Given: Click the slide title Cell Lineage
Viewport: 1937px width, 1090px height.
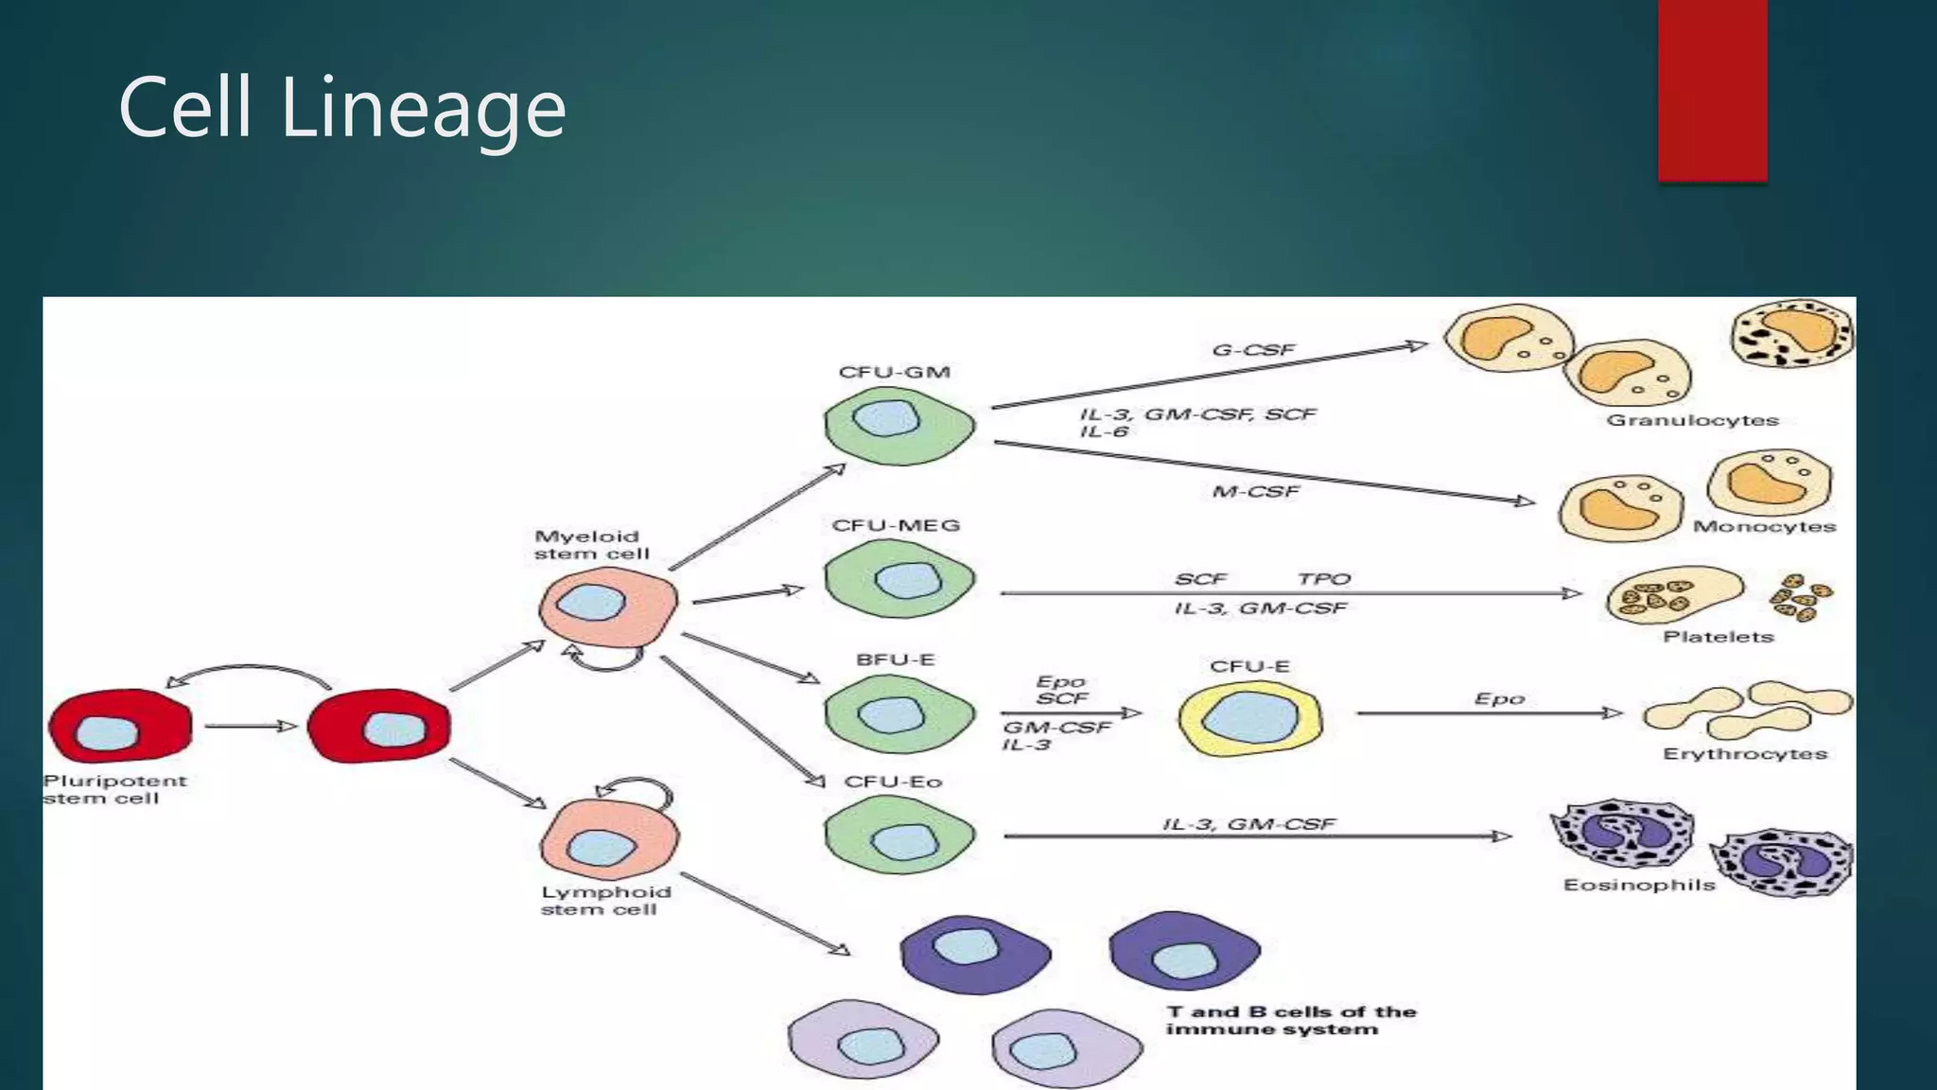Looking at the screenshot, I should [341, 108].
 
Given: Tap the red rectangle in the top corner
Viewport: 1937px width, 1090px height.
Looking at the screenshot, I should [1712, 90].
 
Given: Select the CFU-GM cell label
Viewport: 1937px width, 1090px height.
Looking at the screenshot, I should [894, 372].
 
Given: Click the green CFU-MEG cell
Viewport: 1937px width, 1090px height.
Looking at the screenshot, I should [899, 579].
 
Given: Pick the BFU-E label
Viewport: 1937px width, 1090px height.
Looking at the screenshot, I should [895, 659].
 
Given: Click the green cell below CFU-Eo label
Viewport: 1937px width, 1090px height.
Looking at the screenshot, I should [899, 835].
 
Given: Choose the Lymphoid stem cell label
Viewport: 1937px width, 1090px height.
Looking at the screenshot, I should [605, 900].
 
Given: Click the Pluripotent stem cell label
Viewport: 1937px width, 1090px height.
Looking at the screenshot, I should [114, 789].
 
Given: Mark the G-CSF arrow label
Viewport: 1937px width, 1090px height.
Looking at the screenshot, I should [1253, 350].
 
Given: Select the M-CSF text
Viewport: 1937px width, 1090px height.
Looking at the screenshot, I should [1255, 491].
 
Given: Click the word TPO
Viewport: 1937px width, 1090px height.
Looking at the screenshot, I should [1323, 578].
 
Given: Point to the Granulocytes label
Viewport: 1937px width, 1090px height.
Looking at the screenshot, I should [1692, 420].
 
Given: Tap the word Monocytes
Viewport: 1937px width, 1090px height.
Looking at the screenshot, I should [1764, 526].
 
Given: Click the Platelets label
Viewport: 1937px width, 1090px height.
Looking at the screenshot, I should [1718, 637].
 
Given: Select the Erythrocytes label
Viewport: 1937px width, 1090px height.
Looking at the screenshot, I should [1744, 754].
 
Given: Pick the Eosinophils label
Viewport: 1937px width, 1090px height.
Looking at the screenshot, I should [1638, 885].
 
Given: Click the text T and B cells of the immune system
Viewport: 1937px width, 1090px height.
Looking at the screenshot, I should [1290, 1020].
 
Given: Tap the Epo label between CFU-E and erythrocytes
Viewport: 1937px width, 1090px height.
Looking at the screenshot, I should [1499, 698].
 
